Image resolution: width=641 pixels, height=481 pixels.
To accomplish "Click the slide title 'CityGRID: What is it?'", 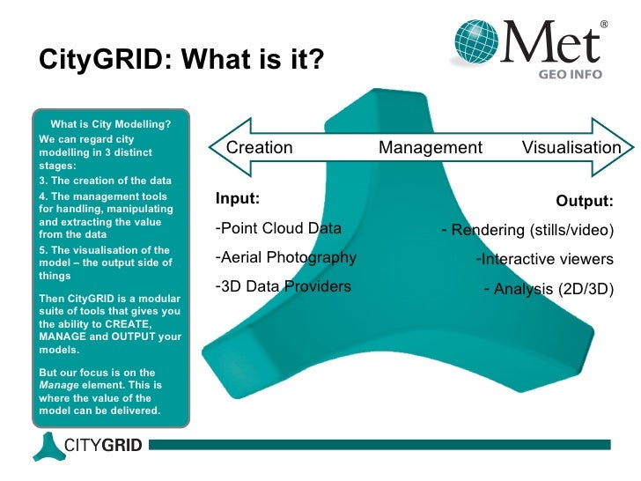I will tap(182, 61).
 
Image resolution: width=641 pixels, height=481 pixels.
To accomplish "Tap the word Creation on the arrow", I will tap(260, 148).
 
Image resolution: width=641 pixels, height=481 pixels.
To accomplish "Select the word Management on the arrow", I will tap(431, 148).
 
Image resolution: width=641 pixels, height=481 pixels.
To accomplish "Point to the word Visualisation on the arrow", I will tap(571, 148).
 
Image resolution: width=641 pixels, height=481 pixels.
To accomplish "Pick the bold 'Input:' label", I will tap(238, 199).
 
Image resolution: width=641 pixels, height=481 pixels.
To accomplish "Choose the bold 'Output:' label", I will tap(585, 202).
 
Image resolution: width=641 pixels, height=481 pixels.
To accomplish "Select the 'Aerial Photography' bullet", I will tap(286, 257).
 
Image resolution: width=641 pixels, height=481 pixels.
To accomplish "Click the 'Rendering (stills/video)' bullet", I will tap(527, 231).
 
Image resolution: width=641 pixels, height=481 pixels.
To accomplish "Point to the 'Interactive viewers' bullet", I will tap(544, 259).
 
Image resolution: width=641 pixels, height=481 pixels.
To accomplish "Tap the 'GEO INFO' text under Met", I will tap(571, 75).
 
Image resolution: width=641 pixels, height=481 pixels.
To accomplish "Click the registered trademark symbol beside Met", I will tap(604, 24).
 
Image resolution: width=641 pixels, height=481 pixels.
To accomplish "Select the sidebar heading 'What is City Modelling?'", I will tap(111, 123).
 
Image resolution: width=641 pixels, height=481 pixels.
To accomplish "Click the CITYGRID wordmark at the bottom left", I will tap(102, 445).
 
